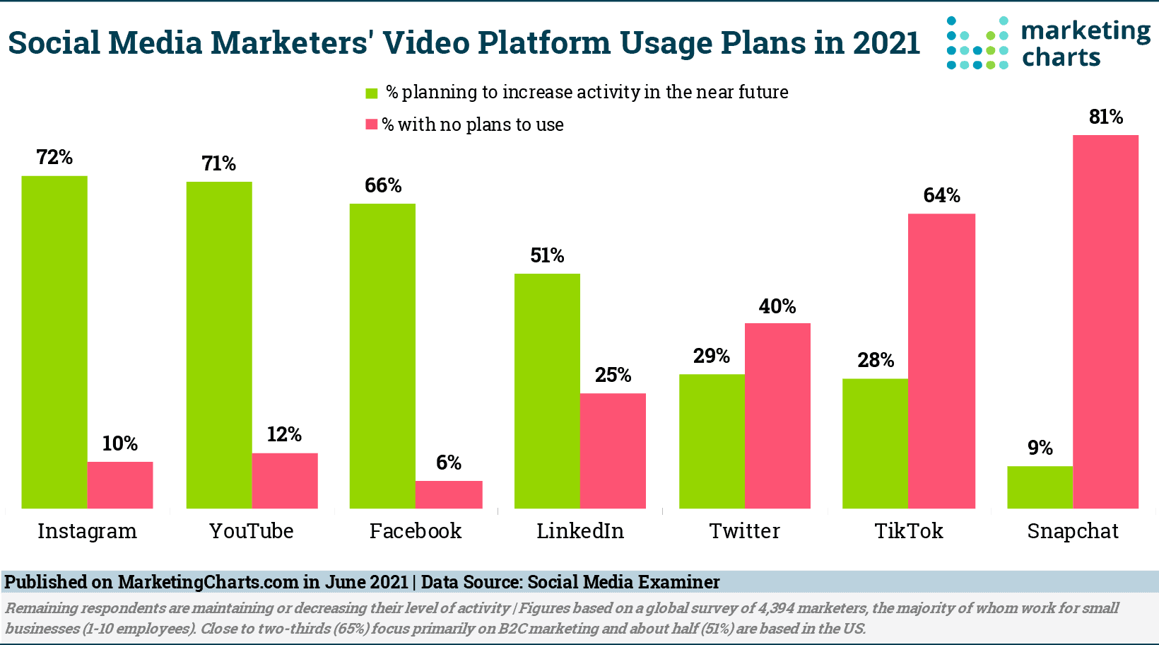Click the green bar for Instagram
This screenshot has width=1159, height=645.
[x=54, y=342]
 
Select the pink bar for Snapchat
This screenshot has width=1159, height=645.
[x=1105, y=321]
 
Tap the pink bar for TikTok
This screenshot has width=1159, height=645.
[x=941, y=361]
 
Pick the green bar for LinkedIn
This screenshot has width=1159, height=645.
[x=547, y=390]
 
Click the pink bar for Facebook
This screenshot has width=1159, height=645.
[x=449, y=494]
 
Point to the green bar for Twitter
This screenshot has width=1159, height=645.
[x=712, y=441]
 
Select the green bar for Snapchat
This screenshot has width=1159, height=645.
[x=1040, y=487]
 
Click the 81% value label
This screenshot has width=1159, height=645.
[x=1106, y=117]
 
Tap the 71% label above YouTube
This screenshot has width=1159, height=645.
[x=218, y=164]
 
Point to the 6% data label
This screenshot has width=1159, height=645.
[x=449, y=463]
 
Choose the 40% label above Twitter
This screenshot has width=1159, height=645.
[x=777, y=306]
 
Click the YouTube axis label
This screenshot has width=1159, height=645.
[x=251, y=531]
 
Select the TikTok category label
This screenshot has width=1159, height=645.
[x=909, y=531]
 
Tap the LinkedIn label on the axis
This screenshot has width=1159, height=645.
[x=580, y=531]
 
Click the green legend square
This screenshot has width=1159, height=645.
[x=372, y=93]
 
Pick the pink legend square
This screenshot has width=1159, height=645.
[x=371, y=125]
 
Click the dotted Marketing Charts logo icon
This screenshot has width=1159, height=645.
[x=977, y=43]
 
